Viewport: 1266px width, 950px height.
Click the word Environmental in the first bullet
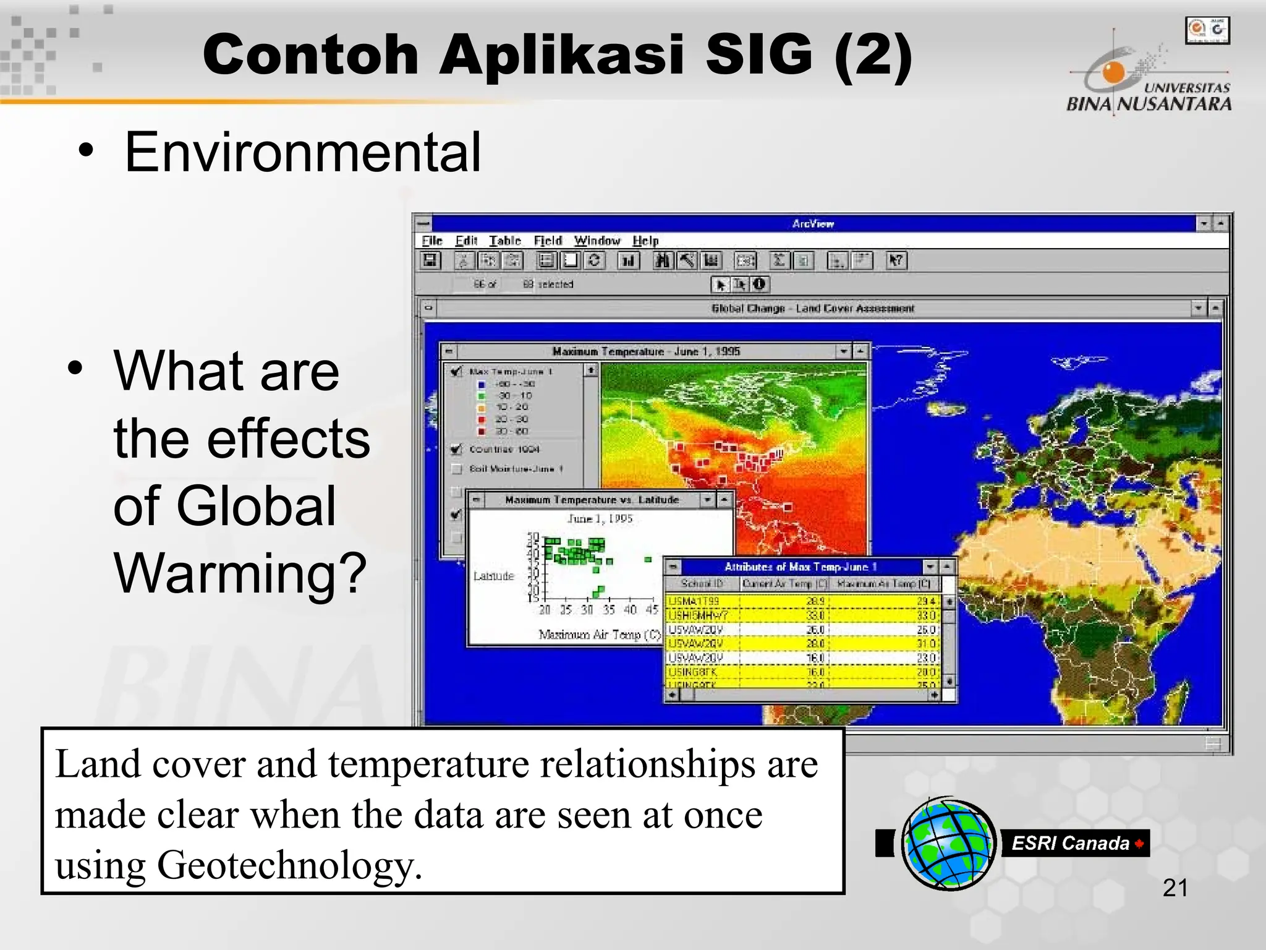coord(302,153)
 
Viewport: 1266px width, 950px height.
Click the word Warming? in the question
coord(240,574)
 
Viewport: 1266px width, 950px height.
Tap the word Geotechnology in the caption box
coord(289,865)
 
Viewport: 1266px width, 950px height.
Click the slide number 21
coord(1175,888)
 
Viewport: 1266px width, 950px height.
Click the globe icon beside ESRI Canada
coord(948,844)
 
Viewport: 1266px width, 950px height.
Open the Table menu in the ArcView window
coord(504,241)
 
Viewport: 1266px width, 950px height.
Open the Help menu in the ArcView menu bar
coord(645,241)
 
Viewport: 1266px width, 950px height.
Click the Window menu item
coord(597,241)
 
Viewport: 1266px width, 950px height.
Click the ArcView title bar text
coord(813,224)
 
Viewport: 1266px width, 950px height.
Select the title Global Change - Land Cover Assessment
coord(812,308)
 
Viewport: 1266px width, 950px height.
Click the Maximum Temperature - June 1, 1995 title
coord(645,351)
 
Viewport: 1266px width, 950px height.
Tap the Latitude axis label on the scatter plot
coord(493,576)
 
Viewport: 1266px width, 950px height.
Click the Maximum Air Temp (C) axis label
coord(599,635)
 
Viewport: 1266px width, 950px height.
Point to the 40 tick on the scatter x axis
coord(630,610)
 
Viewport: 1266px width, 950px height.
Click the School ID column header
coord(702,583)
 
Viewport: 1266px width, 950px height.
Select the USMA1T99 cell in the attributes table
coord(694,601)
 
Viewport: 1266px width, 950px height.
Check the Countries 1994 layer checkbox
coord(456,449)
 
